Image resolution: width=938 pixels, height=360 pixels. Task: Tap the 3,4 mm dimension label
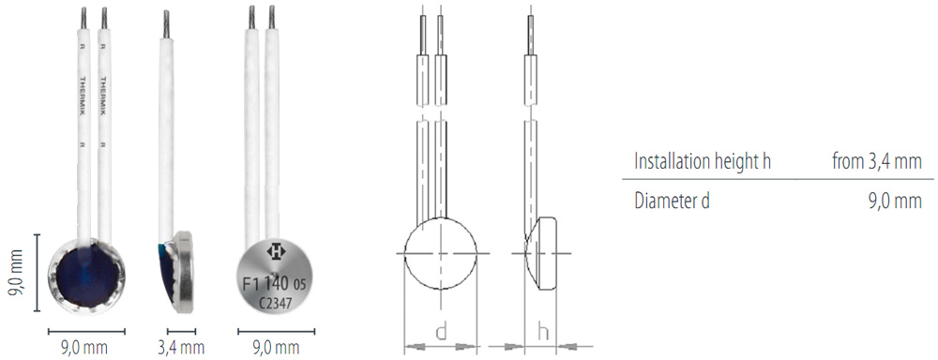(182, 347)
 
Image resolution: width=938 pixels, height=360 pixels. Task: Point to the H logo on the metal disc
(276, 252)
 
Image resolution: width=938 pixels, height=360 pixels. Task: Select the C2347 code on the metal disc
(275, 303)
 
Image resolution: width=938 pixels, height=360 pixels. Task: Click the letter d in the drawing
(441, 333)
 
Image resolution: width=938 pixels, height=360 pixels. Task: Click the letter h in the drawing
(543, 333)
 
